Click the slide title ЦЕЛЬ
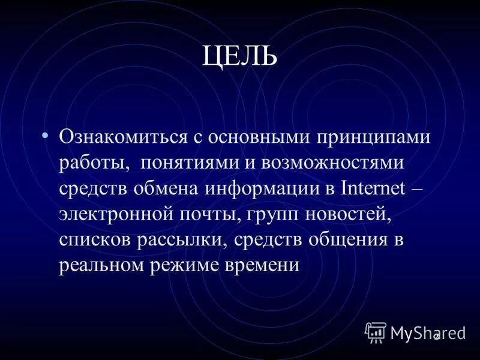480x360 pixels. pos(240,56)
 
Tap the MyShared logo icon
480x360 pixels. pos(376,332)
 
